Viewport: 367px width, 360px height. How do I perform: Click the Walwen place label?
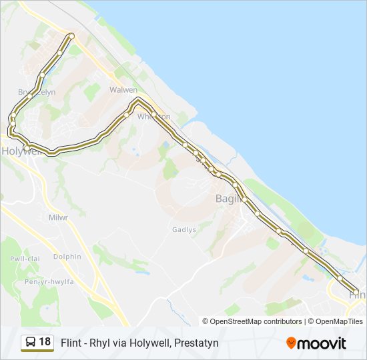click(x=123, y=90)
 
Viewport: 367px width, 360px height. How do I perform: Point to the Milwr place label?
click(x=59, y=217)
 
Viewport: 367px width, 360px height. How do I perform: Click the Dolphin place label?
click(x=67, y=257)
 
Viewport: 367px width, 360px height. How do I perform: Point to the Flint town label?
click(x=358, y=294)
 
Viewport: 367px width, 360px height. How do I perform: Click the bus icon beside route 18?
click(x=30, y=343)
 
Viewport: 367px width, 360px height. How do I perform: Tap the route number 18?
click(x=45, y=342)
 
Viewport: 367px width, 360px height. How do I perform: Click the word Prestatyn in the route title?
click(x=196, y=343)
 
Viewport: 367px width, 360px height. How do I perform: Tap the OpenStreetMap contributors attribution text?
click(x=256, y=321)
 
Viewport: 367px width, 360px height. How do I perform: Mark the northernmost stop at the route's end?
click(x=71, y=35)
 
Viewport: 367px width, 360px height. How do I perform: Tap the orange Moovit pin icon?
click(x=291, y=343)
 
